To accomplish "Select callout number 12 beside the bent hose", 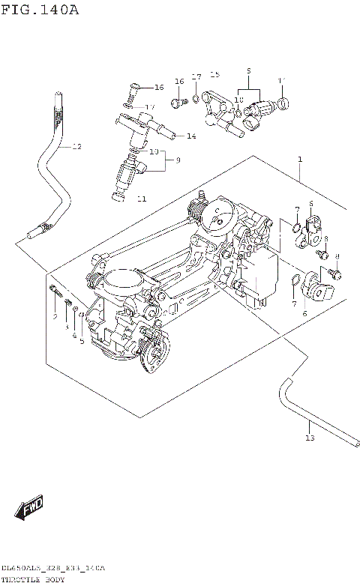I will (76, 147).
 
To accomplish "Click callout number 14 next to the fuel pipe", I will (191, 136).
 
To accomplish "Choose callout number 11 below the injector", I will (142, 199).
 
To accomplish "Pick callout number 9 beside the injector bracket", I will (178, 160).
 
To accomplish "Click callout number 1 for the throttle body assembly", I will (299, 160).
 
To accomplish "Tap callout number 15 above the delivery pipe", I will (215, 75).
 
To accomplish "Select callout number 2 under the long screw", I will (55, 318).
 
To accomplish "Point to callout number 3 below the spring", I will (66, 327).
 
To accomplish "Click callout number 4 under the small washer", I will (74, 335).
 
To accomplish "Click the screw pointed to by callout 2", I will (56, 292).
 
